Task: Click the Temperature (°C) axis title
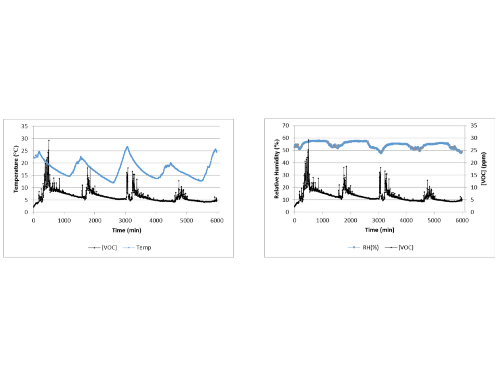[x=16, y=169]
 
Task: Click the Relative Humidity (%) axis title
[x=277, y=169]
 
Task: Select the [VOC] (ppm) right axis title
[x=484, y=168]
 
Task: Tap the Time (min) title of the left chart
[x=127, y=230]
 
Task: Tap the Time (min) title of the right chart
[x=379, y=230]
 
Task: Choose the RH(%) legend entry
[x=370, y=248]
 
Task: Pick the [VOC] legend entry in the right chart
[x=406, y=248]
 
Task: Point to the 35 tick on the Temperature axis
[x=25, y=126]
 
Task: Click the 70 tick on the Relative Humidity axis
[x=286, y=126]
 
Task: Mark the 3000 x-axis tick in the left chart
[x=125, y=220]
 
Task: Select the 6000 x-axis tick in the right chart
[x=462, y=220]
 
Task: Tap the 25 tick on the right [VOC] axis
[x=474, y=150]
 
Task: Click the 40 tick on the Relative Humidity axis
[x=286, y=163]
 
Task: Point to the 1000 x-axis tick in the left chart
[x=64, y=220]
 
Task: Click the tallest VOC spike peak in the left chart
[x=49, y=140]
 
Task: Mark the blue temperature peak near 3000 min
[x=127, y=147]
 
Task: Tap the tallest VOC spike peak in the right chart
[x=308, y=140]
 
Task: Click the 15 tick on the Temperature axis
[x=25, y=175]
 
